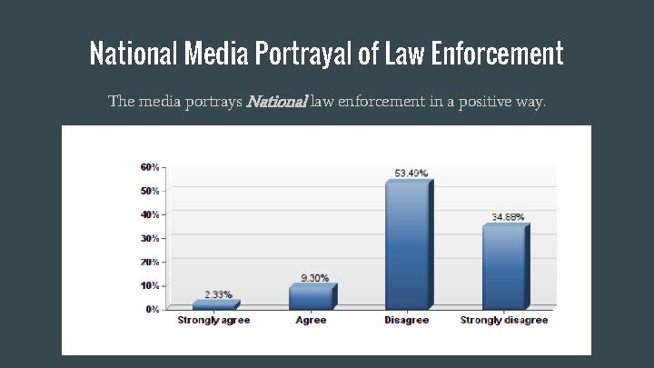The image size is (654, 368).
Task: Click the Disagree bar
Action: [408, 245]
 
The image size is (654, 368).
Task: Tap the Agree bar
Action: [312, 298]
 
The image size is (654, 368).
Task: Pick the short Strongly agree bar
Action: [214, 306]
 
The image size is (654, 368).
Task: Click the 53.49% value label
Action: [411, 173]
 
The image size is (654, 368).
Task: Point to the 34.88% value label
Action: [508, 217]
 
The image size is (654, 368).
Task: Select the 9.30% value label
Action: [314, 278]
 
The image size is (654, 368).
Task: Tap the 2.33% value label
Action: [217, 294]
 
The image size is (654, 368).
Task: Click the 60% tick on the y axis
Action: [150, 167]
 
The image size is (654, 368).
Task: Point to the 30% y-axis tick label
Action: [150, 238]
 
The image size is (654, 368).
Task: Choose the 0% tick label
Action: [153, 309]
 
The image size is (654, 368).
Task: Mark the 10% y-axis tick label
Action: [150, 285]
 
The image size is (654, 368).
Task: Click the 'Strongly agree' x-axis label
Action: [213, 321]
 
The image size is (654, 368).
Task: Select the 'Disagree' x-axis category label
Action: [408, 321]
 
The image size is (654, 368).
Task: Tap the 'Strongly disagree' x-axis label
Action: [504, 321]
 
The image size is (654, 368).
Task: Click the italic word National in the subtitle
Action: [277, 101]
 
